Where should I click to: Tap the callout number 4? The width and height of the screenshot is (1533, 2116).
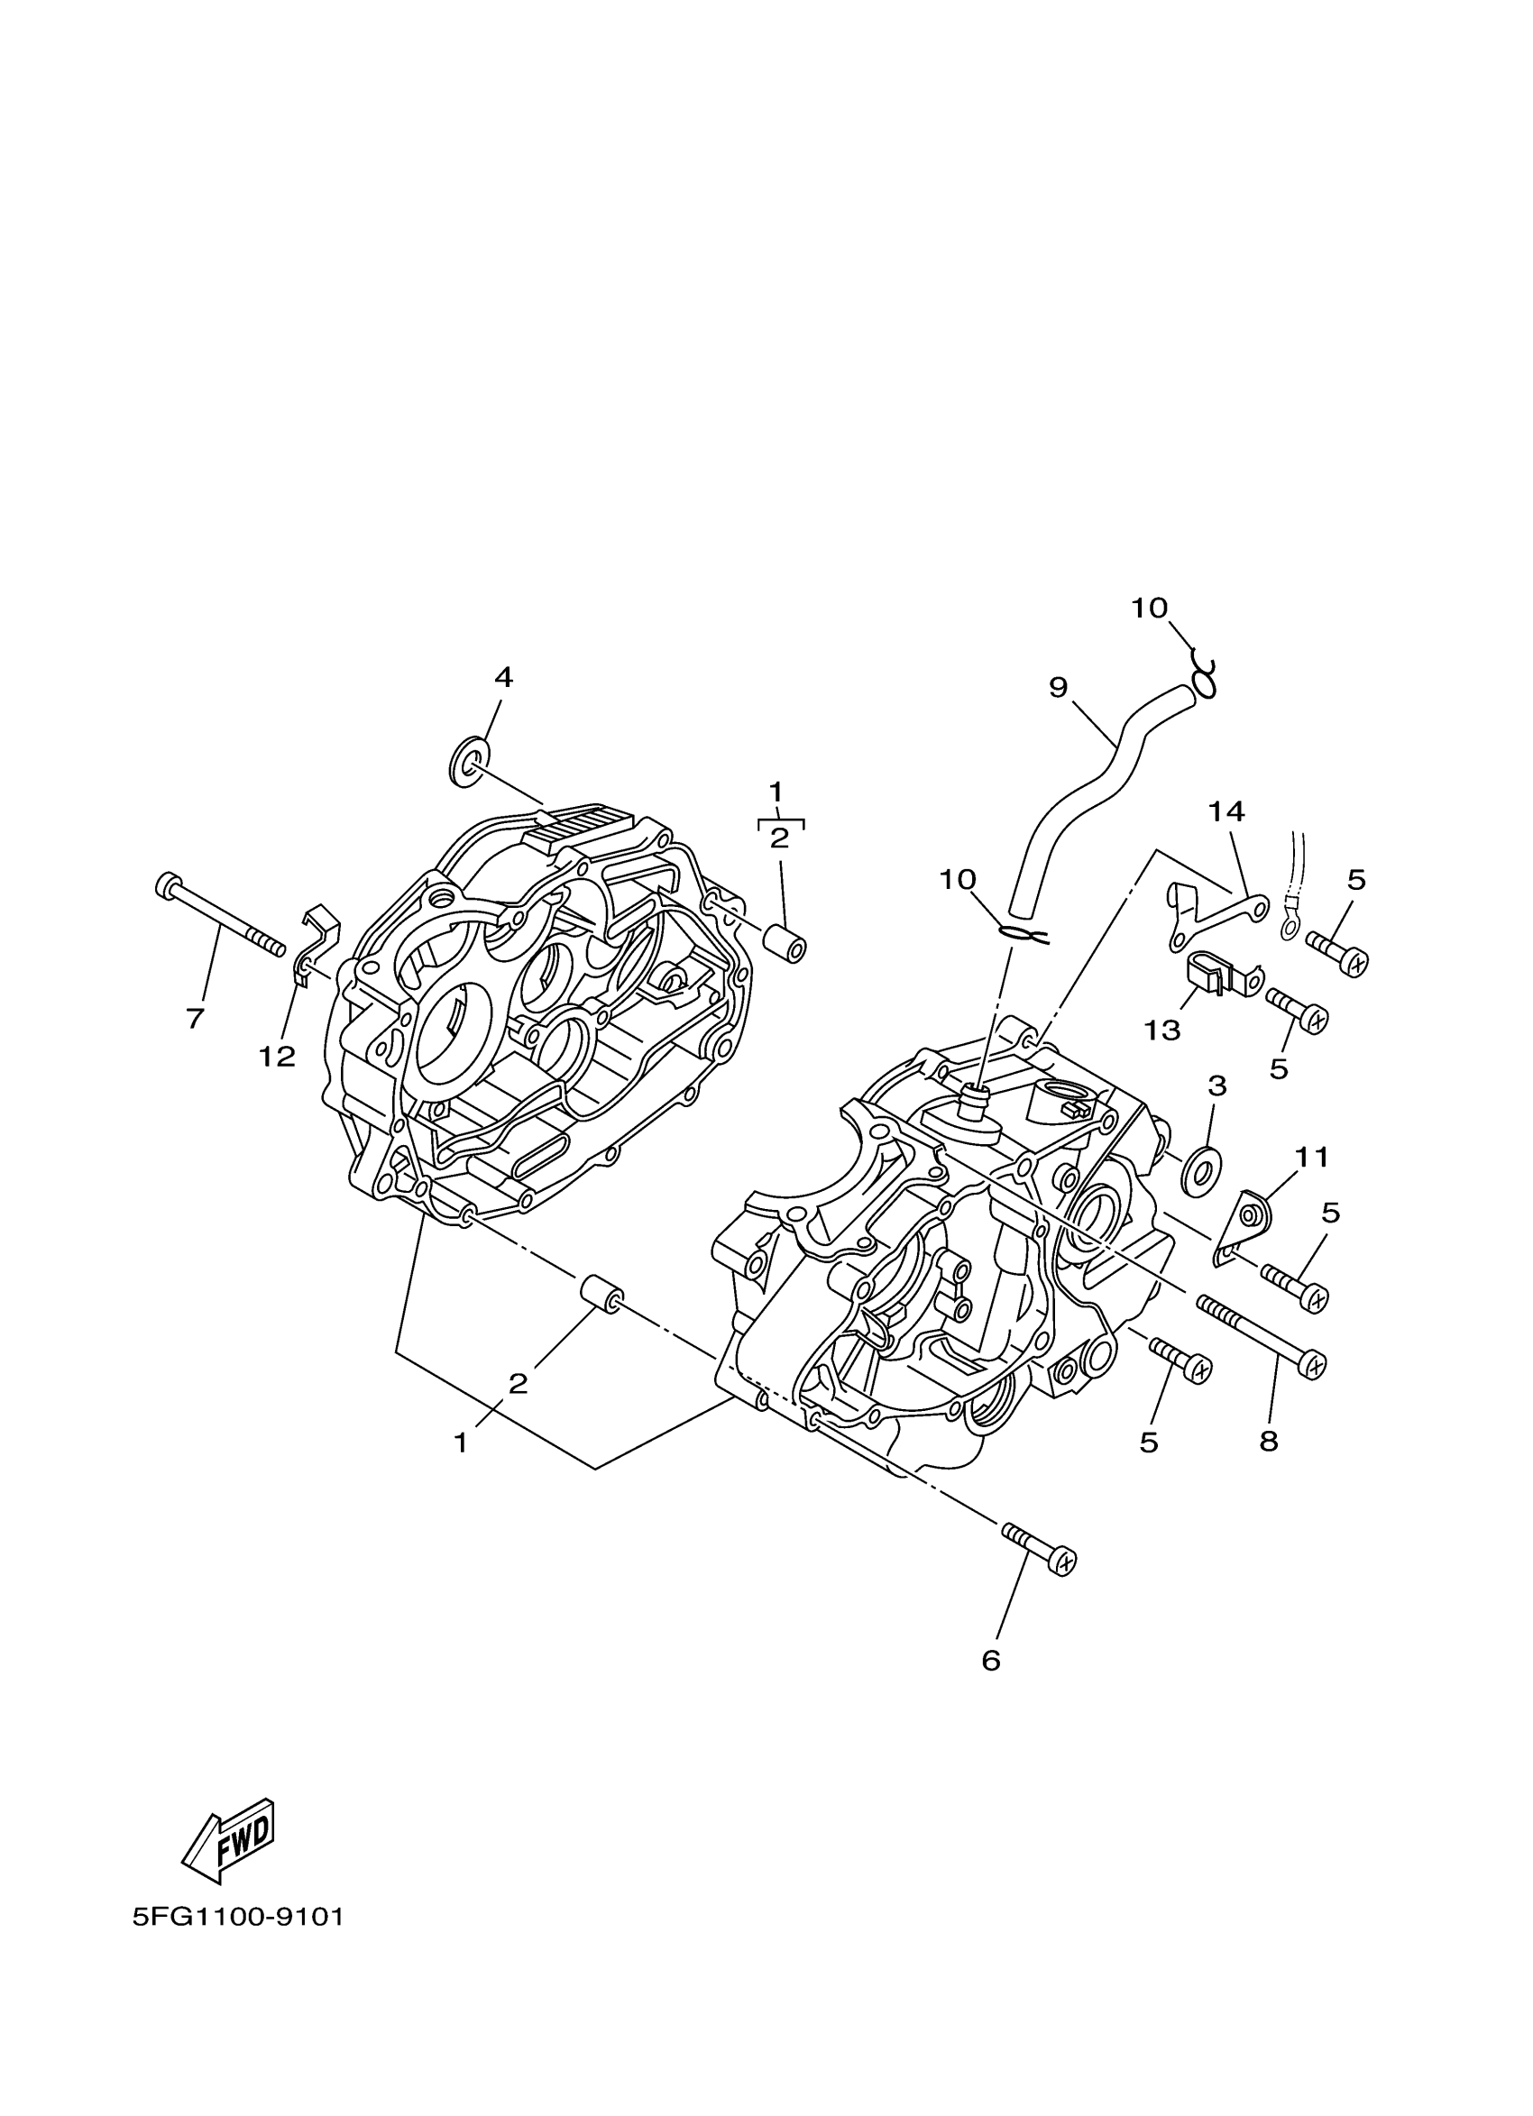(x=503, y=677)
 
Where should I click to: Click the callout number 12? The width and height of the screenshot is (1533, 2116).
(x=278, y=1056)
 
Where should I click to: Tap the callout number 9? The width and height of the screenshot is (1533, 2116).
(x=1057, y=688)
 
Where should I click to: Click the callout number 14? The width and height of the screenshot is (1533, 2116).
(x=1228, y=811)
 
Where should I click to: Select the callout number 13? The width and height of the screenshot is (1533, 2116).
(x=1163, y=1030)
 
